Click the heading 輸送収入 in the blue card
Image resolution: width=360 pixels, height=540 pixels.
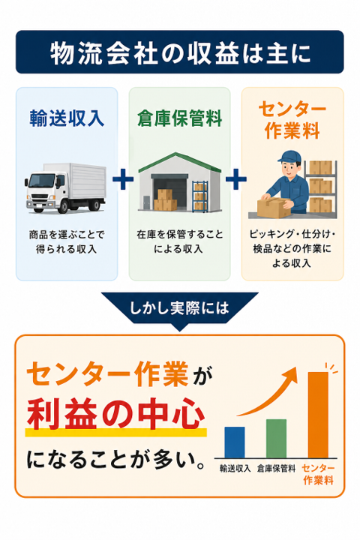(67, 118)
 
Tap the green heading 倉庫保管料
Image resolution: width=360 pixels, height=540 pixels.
(179, 118)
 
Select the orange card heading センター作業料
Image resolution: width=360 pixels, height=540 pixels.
(292, 119)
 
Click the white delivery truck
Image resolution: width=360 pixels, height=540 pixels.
(65, 188)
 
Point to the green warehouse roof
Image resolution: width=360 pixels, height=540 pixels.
(179, 162)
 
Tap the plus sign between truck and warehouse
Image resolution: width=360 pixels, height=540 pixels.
(123, 179)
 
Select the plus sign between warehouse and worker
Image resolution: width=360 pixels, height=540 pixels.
(236, 179)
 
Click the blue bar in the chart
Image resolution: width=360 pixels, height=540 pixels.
(235, 442)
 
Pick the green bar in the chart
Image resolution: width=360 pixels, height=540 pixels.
(276, 439)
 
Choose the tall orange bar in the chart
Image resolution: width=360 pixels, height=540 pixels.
(318, 415)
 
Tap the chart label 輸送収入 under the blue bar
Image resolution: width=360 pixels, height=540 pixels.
(235, 468)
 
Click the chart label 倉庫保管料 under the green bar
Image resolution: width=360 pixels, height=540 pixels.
(276, 468)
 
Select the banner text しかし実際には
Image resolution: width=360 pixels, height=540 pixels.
(179, 307)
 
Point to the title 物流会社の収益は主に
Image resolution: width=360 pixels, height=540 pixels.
(180, 52)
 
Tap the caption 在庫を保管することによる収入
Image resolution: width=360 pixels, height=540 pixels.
(179, 241)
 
